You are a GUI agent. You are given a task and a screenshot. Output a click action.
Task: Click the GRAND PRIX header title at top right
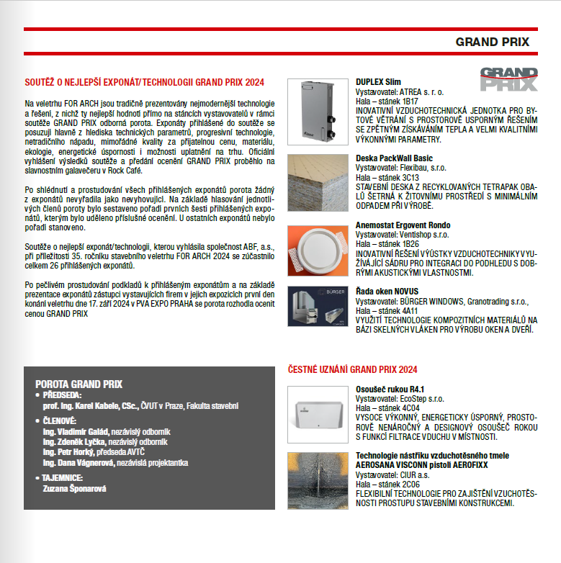[x=492, y=42]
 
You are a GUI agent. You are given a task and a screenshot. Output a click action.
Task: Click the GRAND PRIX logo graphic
[x=509, y=78]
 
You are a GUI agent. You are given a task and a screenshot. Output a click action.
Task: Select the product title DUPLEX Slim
[x=378, y=82]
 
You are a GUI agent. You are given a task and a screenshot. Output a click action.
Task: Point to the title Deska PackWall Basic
[x=394, y=158]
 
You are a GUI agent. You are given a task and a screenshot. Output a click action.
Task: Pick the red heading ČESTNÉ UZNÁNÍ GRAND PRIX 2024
[x=352, y=369]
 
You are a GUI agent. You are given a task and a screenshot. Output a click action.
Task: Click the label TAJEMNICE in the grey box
[x=63, y=477]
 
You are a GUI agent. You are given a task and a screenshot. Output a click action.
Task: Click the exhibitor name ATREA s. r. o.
[x=422, y=92]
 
